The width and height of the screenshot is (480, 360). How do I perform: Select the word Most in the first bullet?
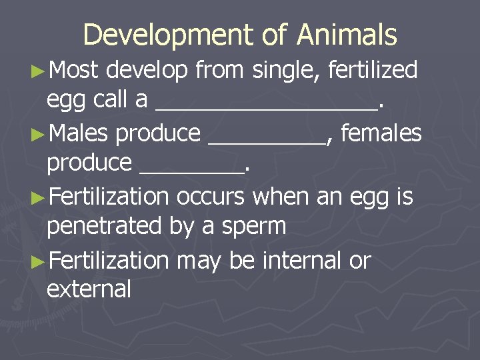coord(74,69)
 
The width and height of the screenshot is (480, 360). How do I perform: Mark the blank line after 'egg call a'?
coord(266,106)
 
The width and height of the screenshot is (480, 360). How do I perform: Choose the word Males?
coord(78,133)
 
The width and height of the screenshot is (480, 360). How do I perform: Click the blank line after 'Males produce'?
coord(267,140)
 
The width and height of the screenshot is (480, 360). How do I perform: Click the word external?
coord(89,289)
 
